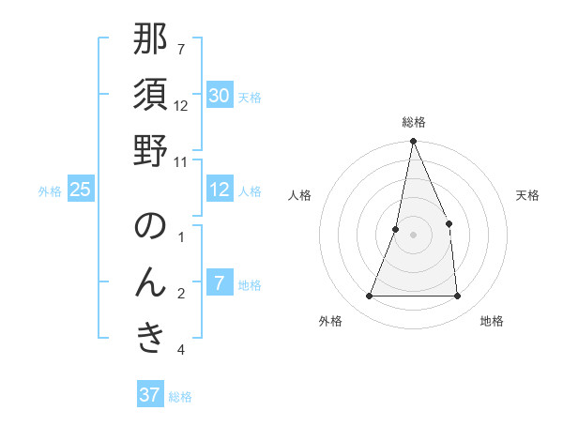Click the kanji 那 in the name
tap(150, 41)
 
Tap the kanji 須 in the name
tap(150, 96)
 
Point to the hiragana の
tap(150, 227)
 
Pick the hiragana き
tap(150, 339)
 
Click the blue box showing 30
tap(220, 95)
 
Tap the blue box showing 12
tap(220, 190)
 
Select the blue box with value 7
tap(220, 283)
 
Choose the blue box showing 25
tap(81, 190)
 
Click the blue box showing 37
tap(150, 395)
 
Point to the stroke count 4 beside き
tap(181, 350)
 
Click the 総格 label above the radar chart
tap(413, 122)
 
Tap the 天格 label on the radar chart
tap(528, 195)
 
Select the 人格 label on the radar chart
tap(299, 195)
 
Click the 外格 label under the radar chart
tap(330, 321)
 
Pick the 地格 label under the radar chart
tap(492, 321)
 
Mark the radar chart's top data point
tap(413, 142)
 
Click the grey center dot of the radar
tap(413, 235)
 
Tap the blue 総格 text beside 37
tap(180, 397)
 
